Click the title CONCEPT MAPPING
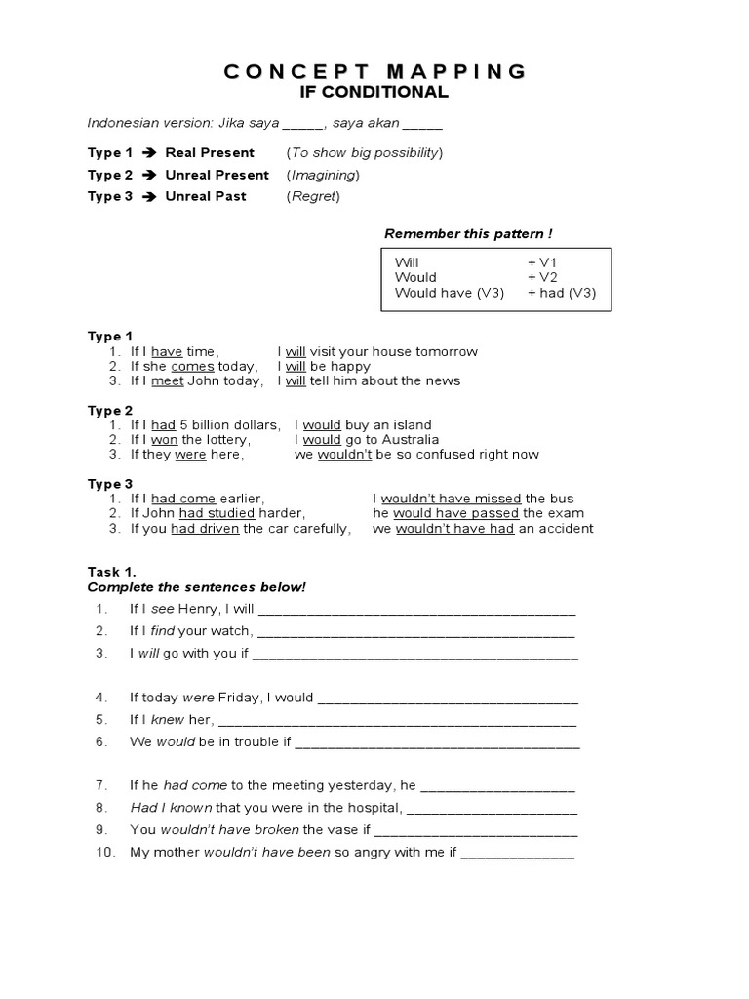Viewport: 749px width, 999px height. click(x=374, y=71)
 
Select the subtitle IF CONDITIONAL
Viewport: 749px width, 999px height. click(x=374, y=93)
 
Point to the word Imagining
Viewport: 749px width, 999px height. click(x=323, y=175)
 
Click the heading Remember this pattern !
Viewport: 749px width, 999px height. click(x=468, y=233)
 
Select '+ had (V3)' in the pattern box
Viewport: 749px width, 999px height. click(x=562, y=293)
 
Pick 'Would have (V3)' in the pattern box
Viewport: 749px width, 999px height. click(x=450, y=293)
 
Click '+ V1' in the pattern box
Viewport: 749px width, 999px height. click(x=542, y=262)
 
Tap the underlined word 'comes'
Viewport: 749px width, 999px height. click(x=192, y=366)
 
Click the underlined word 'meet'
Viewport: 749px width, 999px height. click(x=168, y=380)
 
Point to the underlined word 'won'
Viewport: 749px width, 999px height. click(x=164, y=440)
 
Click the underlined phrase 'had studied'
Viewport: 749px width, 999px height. click(x=217, y=513)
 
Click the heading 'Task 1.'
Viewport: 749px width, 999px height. click(x=111, y=572)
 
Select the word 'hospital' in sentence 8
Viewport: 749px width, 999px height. click(x=370, y=808)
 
